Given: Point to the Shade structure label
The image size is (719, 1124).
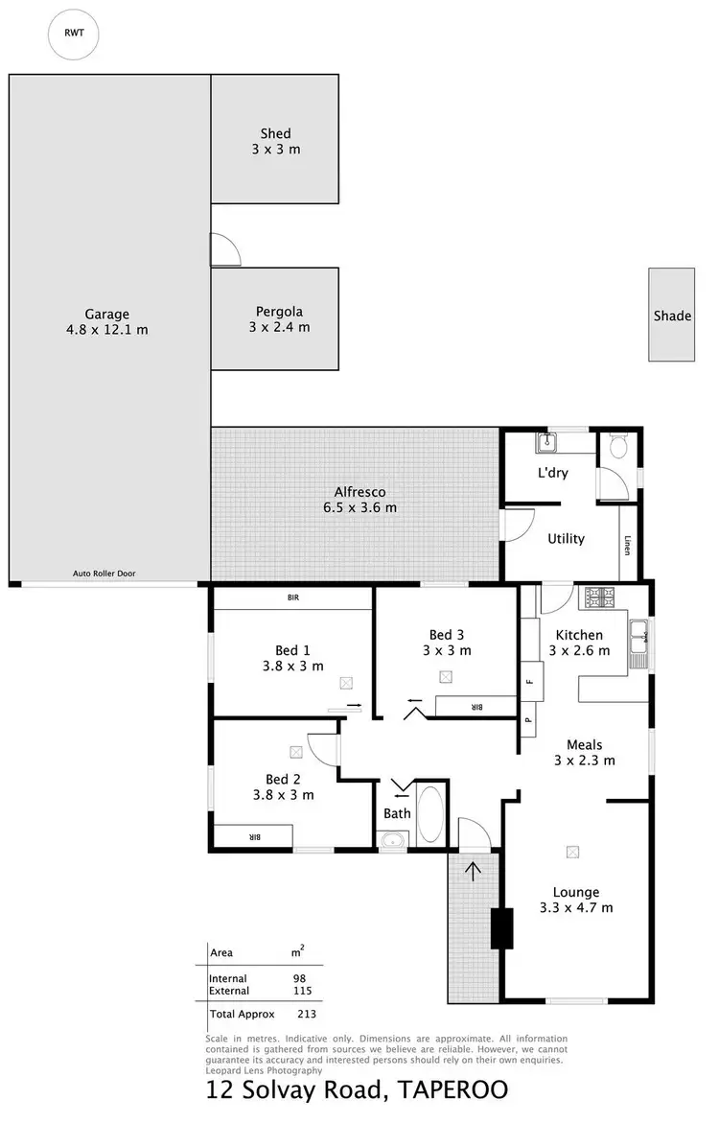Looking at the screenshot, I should (672, 316).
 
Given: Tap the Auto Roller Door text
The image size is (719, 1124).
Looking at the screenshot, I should (104, 574).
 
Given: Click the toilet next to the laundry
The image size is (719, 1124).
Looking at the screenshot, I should (618, 448).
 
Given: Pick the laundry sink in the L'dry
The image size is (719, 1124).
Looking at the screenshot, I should (548, 442).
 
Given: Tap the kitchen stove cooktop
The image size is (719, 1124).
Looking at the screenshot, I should (599, 598).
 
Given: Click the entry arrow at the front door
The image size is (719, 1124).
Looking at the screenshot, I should (473, 871).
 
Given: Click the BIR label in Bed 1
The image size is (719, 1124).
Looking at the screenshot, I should (293, 597).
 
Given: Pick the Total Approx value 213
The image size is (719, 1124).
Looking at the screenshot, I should (308, 1014).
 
